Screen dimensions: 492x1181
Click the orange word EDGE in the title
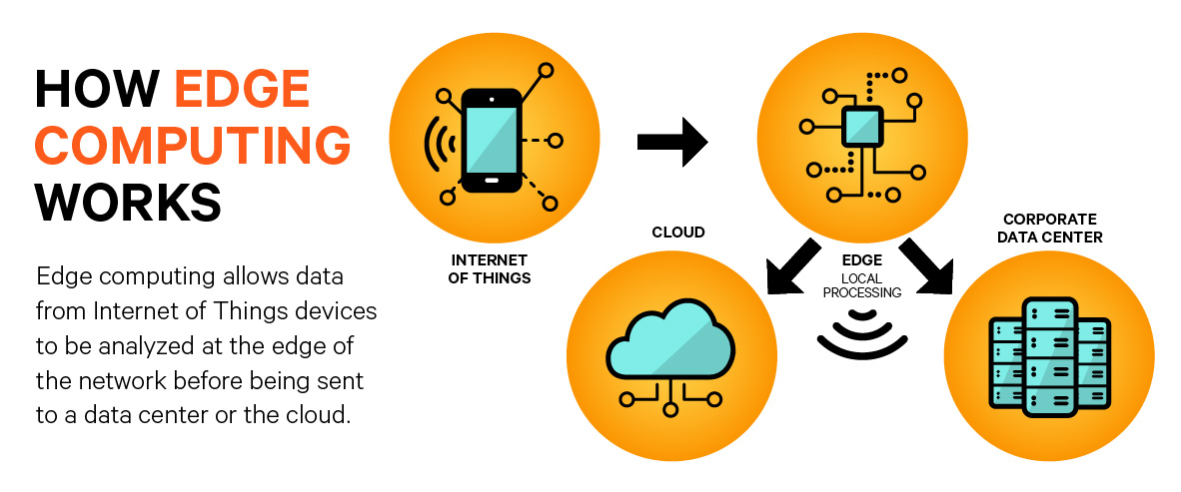point(242,92)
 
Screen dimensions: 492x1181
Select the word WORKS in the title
point(128,203)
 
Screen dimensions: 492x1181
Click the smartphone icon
point(491,141)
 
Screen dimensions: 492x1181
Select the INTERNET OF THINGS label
point(491,269)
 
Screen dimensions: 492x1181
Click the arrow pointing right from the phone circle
point(672,142)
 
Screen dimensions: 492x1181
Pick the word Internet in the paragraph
point(126,310)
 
